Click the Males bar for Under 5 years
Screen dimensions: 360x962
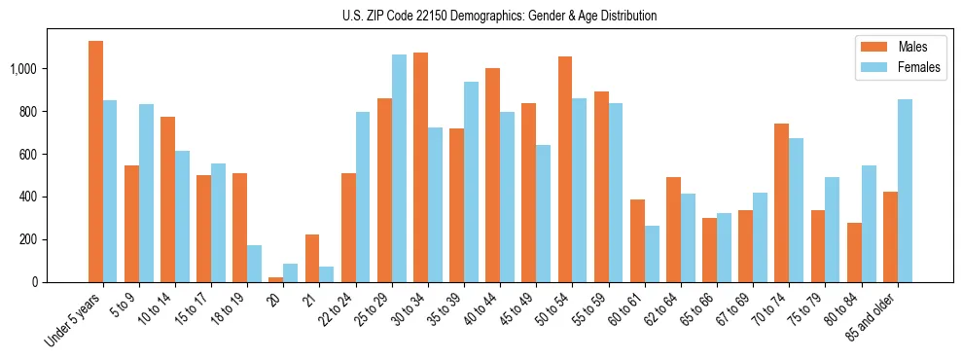95,162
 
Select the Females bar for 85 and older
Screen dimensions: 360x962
905,191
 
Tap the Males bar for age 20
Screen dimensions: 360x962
276,279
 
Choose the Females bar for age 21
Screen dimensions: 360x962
326,274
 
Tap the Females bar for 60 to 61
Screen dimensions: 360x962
652,254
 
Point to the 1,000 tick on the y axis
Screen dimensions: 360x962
23,69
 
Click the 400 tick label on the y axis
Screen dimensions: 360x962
29,197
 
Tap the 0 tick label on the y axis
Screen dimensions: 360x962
35,282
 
